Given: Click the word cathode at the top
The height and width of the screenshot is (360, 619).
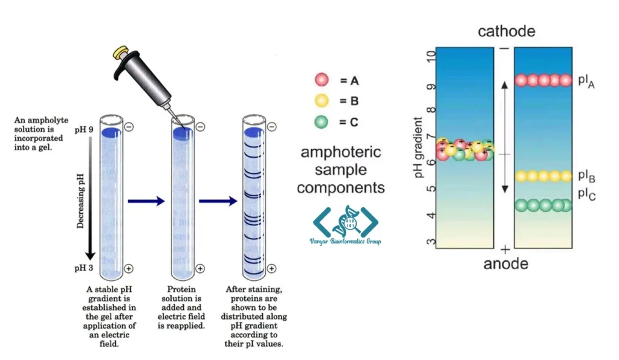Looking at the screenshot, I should click(506, 31).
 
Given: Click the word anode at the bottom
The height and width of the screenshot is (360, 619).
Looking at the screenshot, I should click(505, 264).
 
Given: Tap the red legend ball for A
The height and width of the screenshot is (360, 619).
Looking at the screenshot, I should click(322, 80).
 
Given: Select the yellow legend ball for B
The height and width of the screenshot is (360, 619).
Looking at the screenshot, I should click(322, 101).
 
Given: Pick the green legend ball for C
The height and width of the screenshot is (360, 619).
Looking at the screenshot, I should click(322, 121).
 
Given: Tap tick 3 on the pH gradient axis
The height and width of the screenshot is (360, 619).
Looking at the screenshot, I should click(430, 243).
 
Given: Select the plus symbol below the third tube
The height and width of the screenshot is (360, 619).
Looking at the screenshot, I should click(271, 269).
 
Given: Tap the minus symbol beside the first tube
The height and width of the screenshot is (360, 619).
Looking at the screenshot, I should click(129, 127).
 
